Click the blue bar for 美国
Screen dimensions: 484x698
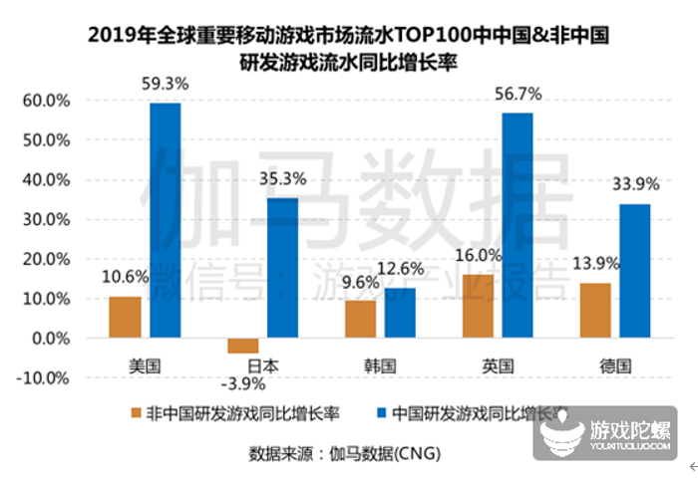click(x=166, y=220)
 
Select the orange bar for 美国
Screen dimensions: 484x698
click(x=126, y=318)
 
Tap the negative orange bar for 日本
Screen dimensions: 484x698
click(x=242, y=346)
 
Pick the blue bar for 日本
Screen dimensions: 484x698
click(x=282, y=268)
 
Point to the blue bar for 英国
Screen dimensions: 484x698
click(x=518, y=225)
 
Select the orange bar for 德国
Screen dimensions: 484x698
click(x=595, y=311)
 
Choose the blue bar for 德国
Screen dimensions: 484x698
click(x=635, y=271)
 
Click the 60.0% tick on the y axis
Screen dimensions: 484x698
click(x=45, y=101)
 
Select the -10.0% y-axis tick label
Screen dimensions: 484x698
click(x=42, y=378)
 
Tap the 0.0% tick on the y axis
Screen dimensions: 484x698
click(x=49, y=339)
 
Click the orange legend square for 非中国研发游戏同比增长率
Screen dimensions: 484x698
click(x=136, y=411)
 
